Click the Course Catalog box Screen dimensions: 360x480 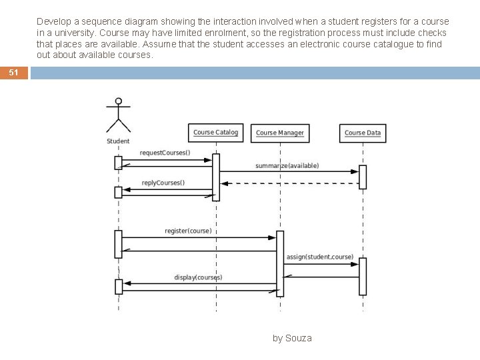215,132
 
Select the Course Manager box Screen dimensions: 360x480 280,133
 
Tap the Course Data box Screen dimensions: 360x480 363,133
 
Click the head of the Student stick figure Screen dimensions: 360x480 119,101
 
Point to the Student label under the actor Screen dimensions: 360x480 118,141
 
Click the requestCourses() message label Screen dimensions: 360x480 165,153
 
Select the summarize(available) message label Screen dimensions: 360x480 287,165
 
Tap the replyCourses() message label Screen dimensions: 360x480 163,183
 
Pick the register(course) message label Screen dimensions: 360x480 188,231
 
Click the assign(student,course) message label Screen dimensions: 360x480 319,257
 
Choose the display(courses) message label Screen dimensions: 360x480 198,277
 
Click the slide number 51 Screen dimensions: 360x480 14,73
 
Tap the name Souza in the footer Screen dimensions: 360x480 298,338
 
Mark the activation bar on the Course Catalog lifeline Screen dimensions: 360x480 216,177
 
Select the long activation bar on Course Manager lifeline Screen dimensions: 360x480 280,263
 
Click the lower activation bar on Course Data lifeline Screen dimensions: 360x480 363,276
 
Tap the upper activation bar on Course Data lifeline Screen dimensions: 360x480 363,177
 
